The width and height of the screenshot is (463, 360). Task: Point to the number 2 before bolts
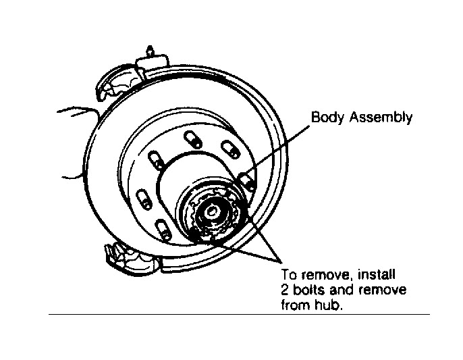(x=283, y=290)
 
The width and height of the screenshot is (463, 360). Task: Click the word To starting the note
(x=287, y=276)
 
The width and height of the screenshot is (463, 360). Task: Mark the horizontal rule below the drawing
(x=239, y=314)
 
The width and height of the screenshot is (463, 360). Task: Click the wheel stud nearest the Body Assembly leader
(x=247, y=179)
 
